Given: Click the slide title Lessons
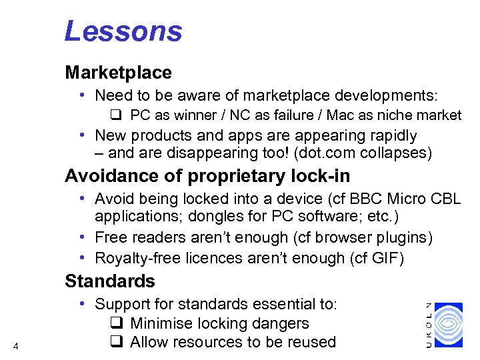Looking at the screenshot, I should pos(123,31).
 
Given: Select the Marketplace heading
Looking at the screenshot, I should pos(118,72).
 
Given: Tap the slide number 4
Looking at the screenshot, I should pos(15,345).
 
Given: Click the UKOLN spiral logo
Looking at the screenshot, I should pos(448,325).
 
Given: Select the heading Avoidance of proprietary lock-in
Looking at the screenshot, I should pos(207,177).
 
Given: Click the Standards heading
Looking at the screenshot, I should pos(109,281).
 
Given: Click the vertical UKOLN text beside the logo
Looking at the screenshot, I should pos(429,325).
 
